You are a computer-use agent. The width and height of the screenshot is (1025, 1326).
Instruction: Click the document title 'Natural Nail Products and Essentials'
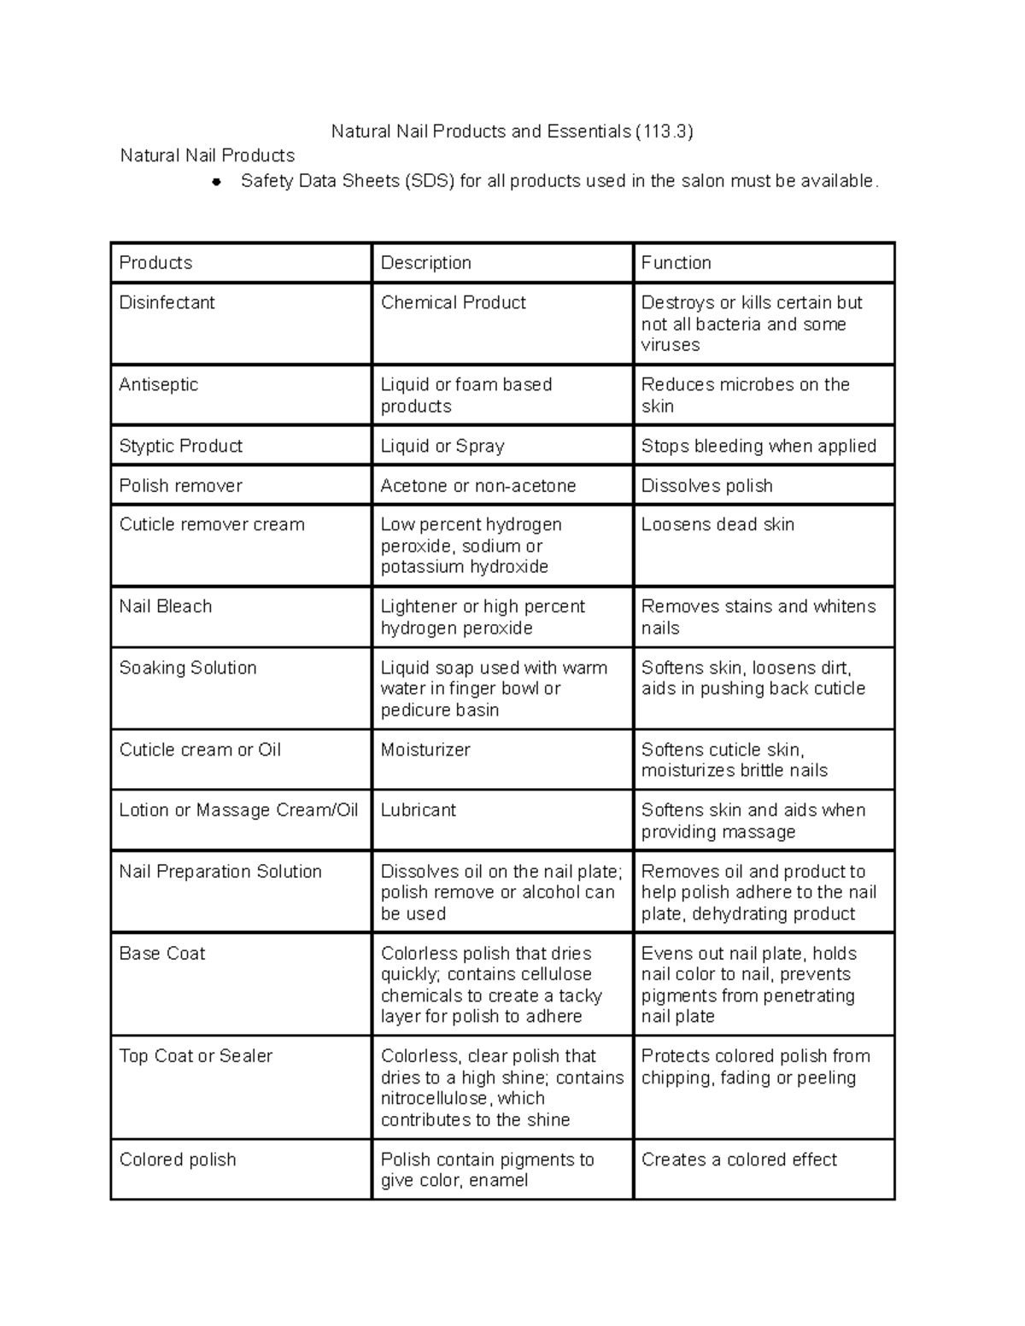[x=481, y=131]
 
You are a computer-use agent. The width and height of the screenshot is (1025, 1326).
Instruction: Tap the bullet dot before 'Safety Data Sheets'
[x=217, y=182]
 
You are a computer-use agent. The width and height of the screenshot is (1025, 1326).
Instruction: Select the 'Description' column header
[x=425, y=263]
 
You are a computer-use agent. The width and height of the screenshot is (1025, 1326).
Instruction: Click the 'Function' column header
[x=676, y=263]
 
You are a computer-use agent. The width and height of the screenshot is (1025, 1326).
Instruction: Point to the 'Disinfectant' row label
[x=167, y=302]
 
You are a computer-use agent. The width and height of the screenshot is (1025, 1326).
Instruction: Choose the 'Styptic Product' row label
[x=180, y=446]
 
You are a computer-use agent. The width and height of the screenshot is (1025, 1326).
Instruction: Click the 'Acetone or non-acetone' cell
[x=477, y=486]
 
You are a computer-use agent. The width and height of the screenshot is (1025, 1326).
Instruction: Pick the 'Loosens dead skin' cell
[x=717, y=524]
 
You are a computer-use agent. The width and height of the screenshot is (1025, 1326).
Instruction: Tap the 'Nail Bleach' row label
[x=165, y=606]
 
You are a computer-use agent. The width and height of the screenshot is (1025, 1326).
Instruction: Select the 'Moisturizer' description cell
[x=425, y=750]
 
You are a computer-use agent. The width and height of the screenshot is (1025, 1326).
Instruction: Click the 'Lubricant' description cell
[x=418, y=809]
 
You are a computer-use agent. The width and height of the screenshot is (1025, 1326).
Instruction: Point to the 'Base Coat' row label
[x=161, y=953]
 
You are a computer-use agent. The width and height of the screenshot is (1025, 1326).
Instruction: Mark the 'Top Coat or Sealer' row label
[x=196, y=1056]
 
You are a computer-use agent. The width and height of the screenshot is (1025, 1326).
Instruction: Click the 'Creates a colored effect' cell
[x=739, y=1160]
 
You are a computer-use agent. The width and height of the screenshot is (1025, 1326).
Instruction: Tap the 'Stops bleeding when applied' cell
[x=758, y=446]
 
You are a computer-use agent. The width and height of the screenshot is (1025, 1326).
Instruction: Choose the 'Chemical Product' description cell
[x=453, y=302]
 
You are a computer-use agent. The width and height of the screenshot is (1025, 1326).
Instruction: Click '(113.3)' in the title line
[x=664, y=131]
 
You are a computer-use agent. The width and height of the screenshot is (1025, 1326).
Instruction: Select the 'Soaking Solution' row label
[x=187, y=668]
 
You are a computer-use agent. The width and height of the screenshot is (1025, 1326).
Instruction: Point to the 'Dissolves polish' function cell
[x=706, y=486]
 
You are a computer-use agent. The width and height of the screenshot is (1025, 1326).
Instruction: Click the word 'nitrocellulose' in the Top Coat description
[x=435, y=1098]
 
